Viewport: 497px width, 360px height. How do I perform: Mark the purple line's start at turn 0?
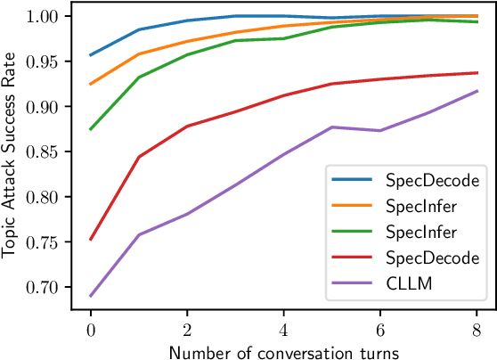pyautogui.click(x=90, y=296)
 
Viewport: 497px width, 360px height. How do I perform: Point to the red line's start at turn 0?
pyautogui.click(x=90, y=240)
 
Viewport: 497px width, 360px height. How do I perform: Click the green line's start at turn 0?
pyautogui.click(x=90, y=129)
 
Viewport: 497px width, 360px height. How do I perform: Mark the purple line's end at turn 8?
pyautogui.click(x=477, y=91)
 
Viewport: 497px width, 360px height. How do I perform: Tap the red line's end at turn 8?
pyautogui.click(x=477, y=73)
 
